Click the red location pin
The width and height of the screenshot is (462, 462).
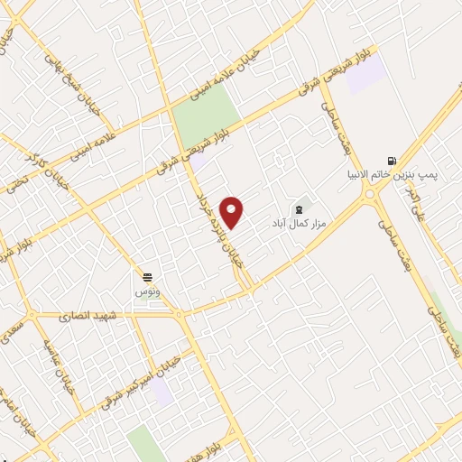pos(233,212)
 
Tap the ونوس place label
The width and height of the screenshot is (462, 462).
pos(146,292)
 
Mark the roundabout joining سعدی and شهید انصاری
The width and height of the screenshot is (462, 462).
pos(33,315)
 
